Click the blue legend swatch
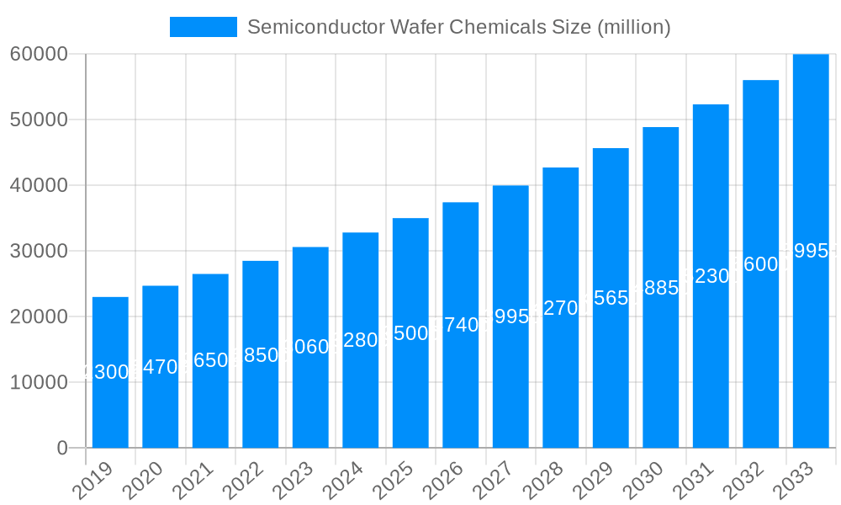pos(204,27)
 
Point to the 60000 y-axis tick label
pos(39,54)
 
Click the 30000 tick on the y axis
pos(39,251)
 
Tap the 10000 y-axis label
pos(39,382)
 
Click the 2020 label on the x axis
pos(149,483)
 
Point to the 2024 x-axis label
pos(349,483)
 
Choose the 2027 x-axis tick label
pos(500,483)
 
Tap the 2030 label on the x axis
pos(649,483)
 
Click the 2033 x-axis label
pos(800,483)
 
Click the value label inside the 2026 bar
pos(461,325)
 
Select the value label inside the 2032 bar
pos(761,264)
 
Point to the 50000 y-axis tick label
pos(39,120)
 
